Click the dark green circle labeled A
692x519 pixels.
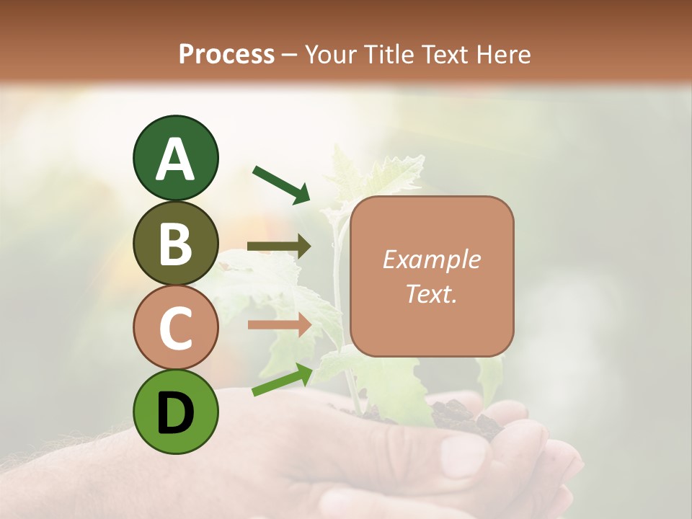tap(175, 158)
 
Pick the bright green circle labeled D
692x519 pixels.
tap(175, 412)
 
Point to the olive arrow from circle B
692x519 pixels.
tap(279, 247)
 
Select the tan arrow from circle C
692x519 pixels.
tap(279, 324)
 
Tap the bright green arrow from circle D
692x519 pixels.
tap(282, 380)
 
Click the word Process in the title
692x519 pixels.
tap(226, 54)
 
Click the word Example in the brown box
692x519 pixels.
tap(431, 259)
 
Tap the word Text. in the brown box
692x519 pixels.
tap(431, 293)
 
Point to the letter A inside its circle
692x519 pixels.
tap(175, 159)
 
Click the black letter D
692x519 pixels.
tap(175, 413)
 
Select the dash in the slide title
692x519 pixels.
tap(290, 55)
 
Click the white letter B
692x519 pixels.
tap(175, 244)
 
